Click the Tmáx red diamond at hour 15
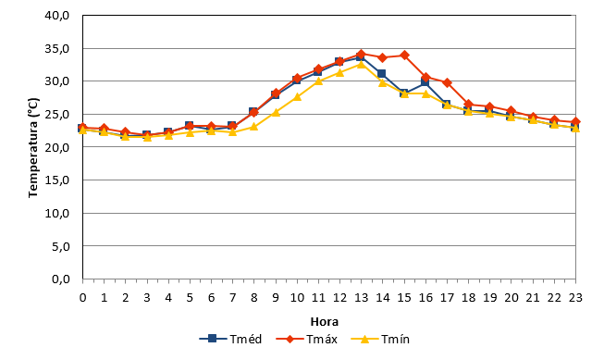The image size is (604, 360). pos(404,56)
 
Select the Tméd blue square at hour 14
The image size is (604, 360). pos(381,74)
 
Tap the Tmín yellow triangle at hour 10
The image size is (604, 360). pos(297,97)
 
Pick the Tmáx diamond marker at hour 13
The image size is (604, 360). pos(361,54)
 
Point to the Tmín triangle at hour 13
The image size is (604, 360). pos(361,64)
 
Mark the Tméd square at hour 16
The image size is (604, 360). pos(425,81)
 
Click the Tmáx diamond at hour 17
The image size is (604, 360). pos(447,82)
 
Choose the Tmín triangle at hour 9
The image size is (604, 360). pos(276,113)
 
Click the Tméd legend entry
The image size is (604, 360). pos(230,340)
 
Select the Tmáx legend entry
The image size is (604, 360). pos(306,340)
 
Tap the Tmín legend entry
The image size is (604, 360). pos(380,340)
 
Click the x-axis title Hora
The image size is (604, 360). pos(325,322)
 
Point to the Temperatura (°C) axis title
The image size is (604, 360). pos(33,148)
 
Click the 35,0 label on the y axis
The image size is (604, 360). pos(57,48)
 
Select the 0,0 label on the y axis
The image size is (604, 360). pos(61,279)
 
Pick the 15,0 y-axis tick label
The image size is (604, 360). pos(57,180)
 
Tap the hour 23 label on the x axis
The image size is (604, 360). pos(575,298)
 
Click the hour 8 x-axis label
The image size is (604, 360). pos(253,298)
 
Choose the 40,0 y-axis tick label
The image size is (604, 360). pos(57,16)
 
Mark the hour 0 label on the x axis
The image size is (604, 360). pos(83,298)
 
